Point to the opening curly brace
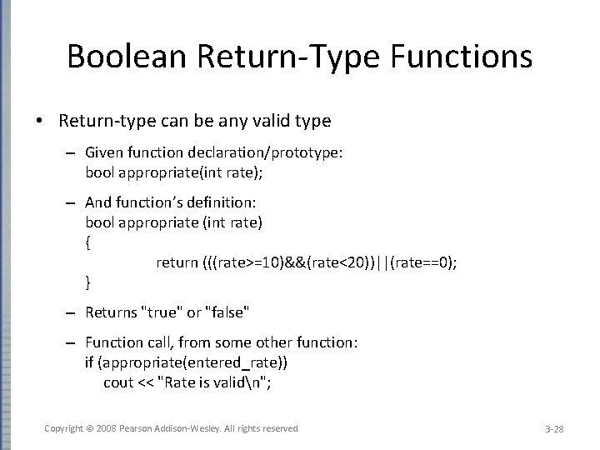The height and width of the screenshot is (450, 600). pos(88,243)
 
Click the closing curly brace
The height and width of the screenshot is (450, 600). pos(88,283)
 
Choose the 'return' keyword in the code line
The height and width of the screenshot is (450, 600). pos(177,263)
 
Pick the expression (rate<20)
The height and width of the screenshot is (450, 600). pos(340,263)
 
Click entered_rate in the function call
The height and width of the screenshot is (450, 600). pos(242,362)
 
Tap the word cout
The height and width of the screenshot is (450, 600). pos(119,382)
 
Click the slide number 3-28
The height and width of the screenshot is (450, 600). pos(554,428)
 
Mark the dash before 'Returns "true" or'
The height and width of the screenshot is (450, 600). pos(72,312)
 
